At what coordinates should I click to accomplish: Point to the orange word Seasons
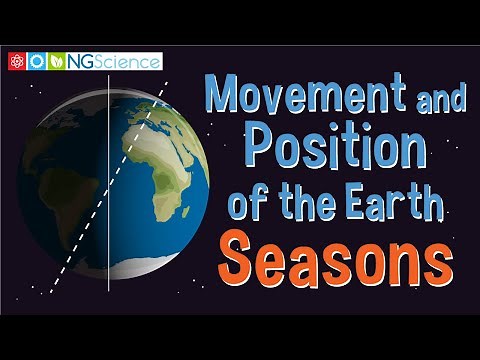click(x=335, y=258)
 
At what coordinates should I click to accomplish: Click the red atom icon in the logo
click(x=17, y=62)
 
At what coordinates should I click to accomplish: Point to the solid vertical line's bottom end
click(x=107, y=290)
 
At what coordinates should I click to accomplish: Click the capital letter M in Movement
click(x=224, y=97)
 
